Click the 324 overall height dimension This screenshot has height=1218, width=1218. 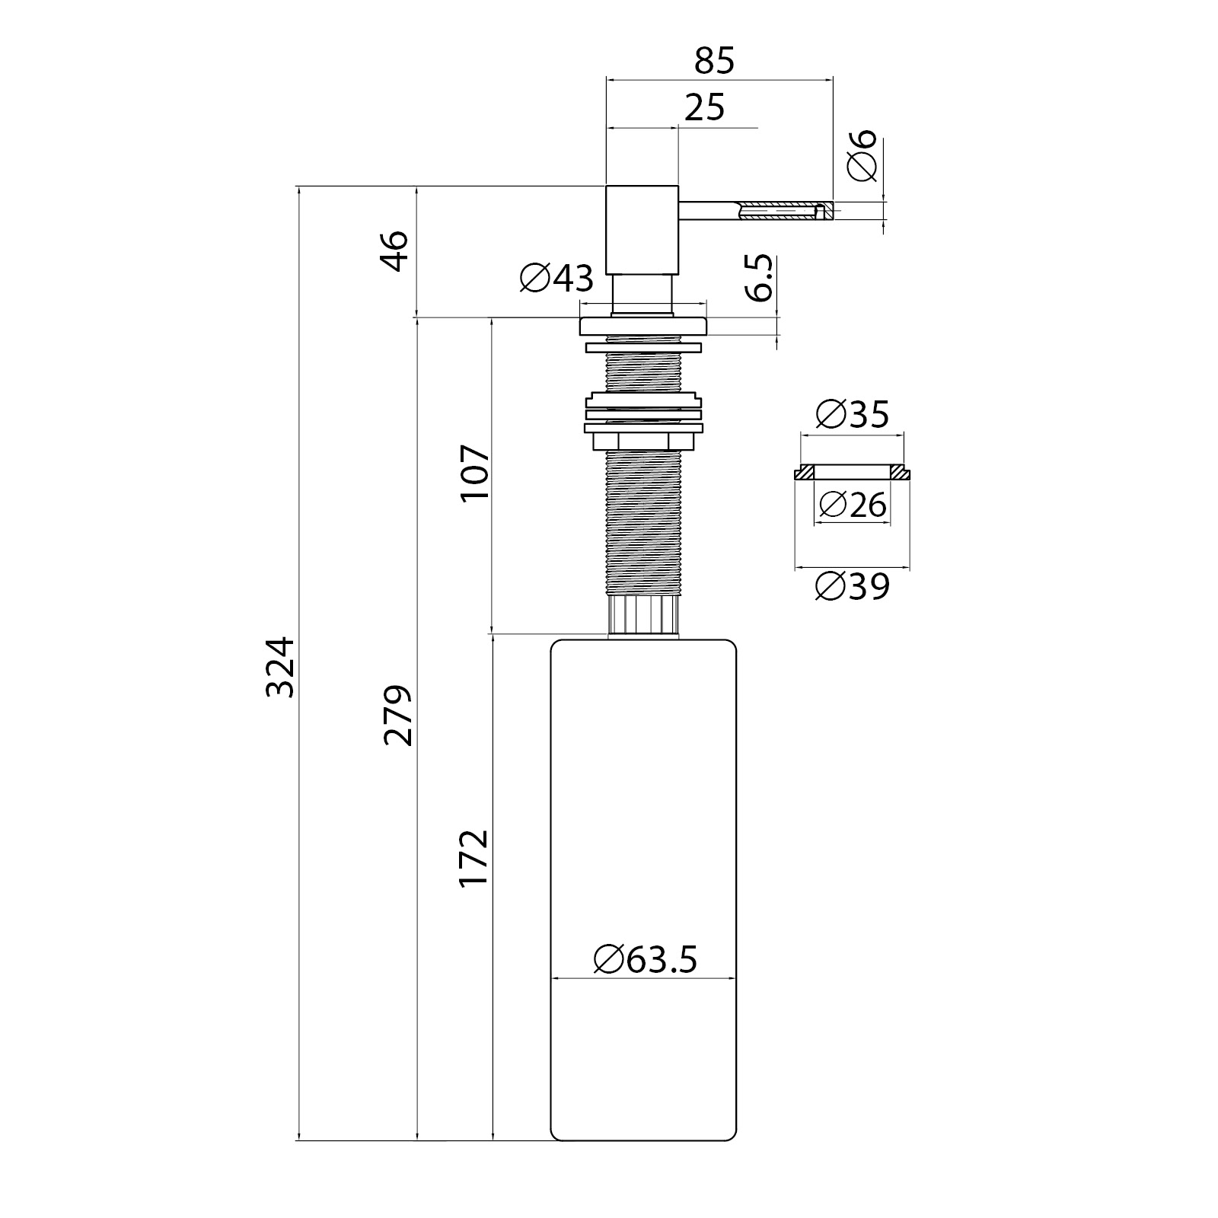(x=279, y=667)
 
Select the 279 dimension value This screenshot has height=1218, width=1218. (x=397, y=715)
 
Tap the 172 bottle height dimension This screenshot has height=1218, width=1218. (x=473, y=858)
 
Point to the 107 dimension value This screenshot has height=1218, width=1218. (x=475, y=472)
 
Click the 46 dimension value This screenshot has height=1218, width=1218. (x=395, y=250)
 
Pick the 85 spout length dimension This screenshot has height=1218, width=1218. (x=715, y=61)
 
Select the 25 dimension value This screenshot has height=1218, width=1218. (x=704, y=108)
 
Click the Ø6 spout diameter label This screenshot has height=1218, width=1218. (x=862, y=155)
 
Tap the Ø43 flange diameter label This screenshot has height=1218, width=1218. (x=556, y=278)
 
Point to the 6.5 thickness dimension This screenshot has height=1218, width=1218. (x=759, y=278)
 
